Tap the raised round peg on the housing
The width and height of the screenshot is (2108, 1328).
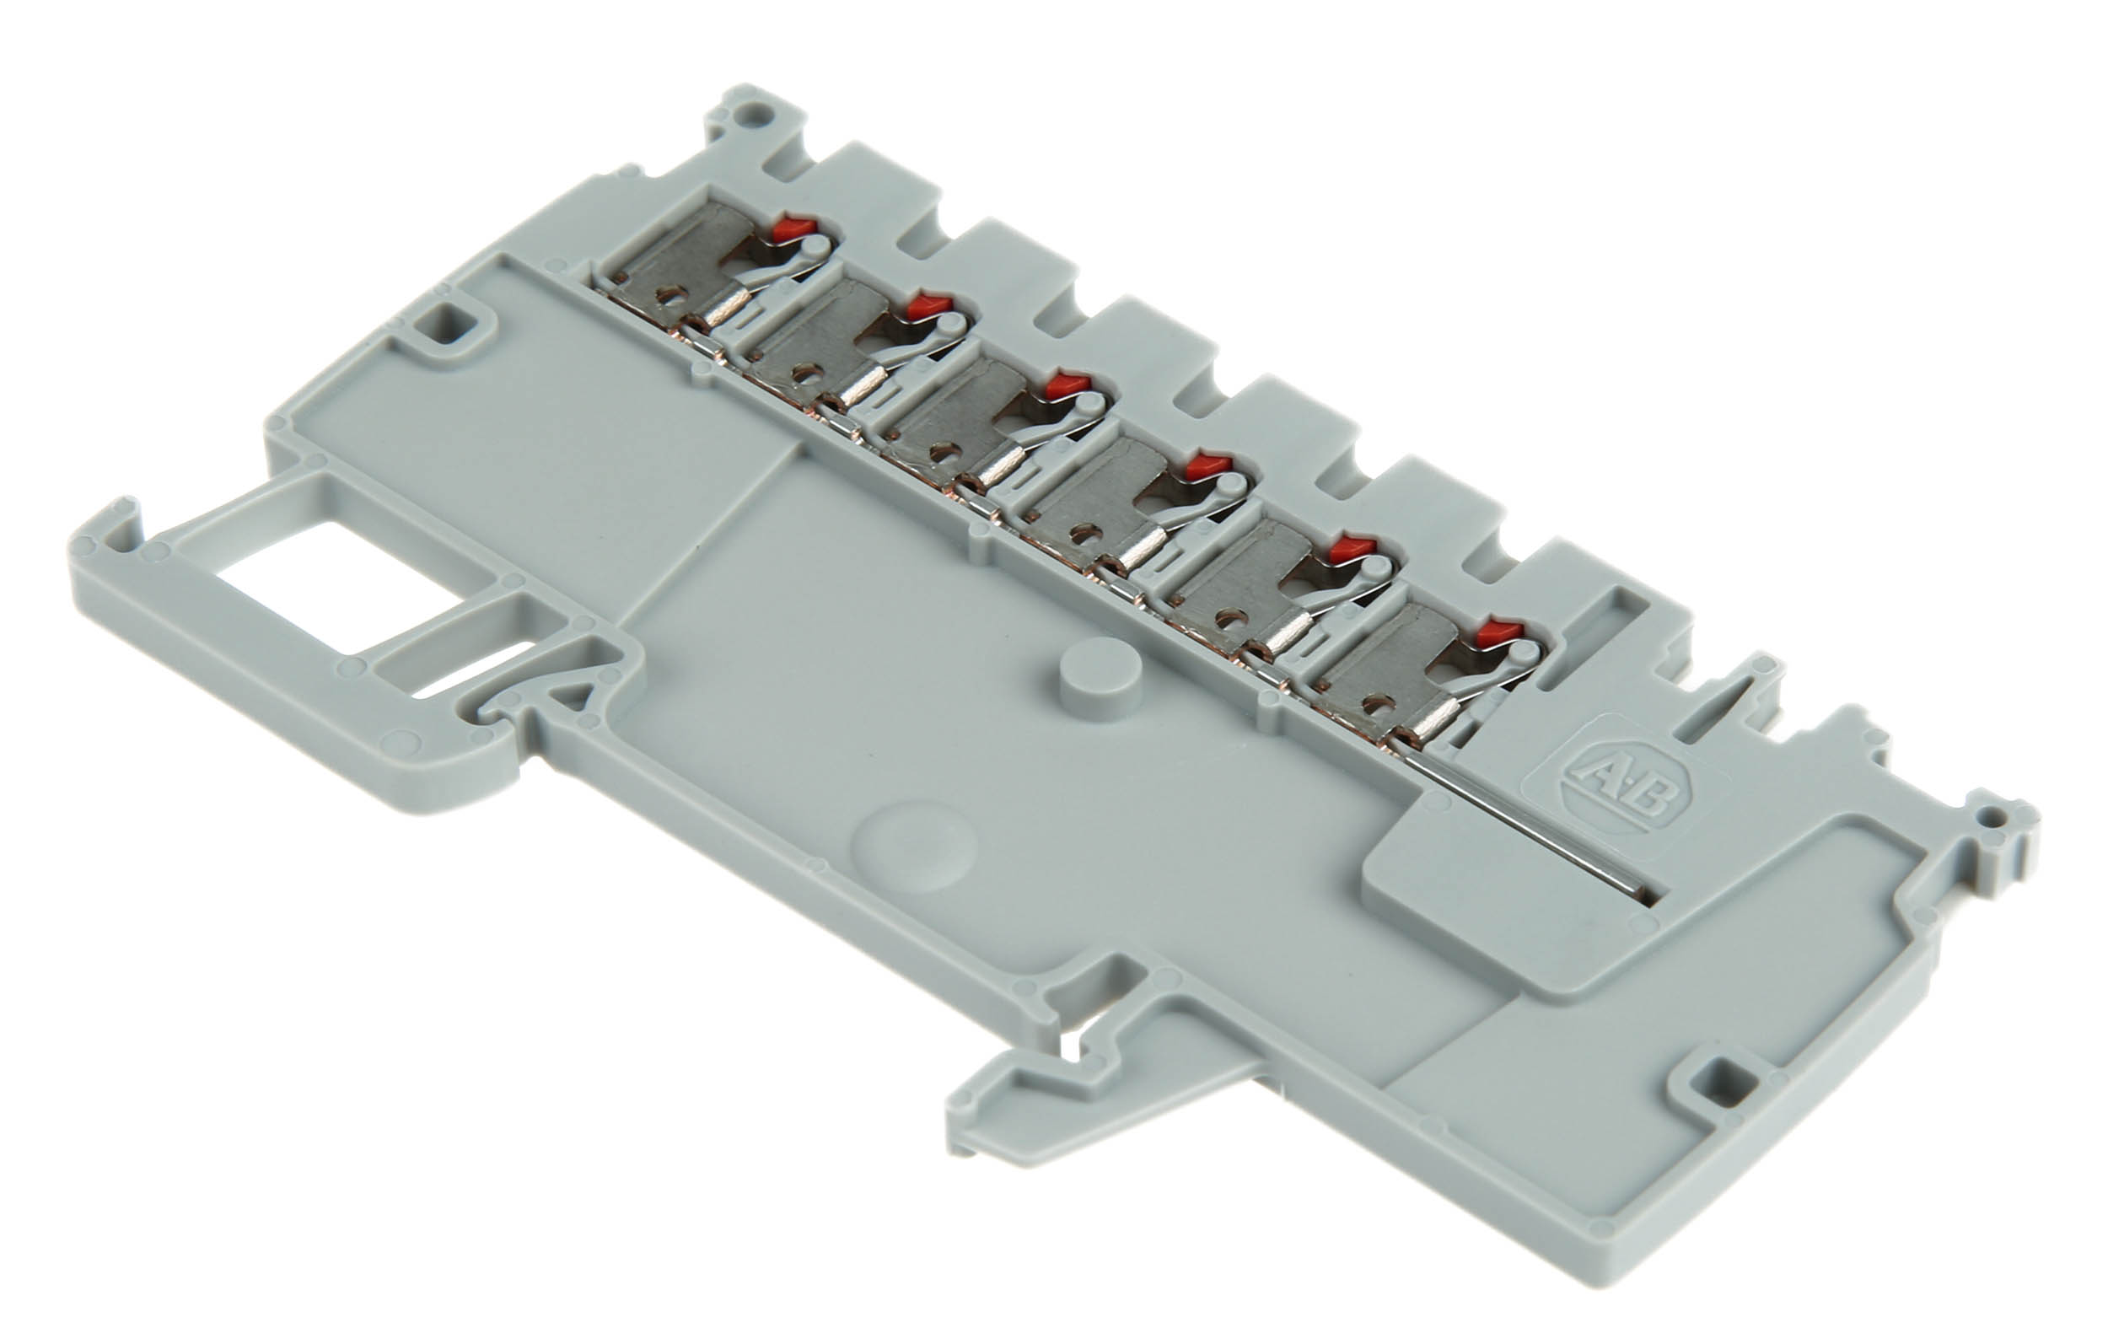click(1100, 679)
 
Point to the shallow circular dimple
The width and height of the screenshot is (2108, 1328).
click(915, 847)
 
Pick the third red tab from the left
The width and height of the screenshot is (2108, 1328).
click(1068, 384)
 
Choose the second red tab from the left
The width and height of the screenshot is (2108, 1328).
click(929, 305)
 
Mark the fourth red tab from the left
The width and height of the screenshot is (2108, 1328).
click(1209, 465)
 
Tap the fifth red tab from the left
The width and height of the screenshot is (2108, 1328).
click(1353, 549)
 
